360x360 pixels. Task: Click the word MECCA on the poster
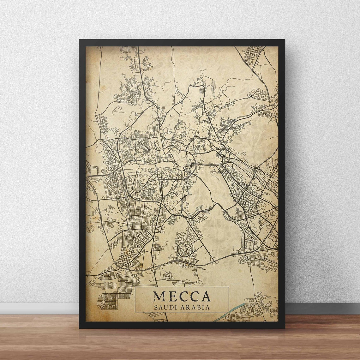182,296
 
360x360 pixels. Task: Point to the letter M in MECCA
159,296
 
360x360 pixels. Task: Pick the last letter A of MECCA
206,296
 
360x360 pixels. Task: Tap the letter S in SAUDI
155,307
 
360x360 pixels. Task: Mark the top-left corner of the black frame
80,40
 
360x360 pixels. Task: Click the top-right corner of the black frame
284,40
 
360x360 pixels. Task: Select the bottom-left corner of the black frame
80,327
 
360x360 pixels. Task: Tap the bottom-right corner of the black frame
284,327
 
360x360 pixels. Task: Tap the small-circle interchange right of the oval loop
215,262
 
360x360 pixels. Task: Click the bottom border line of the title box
182,312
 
